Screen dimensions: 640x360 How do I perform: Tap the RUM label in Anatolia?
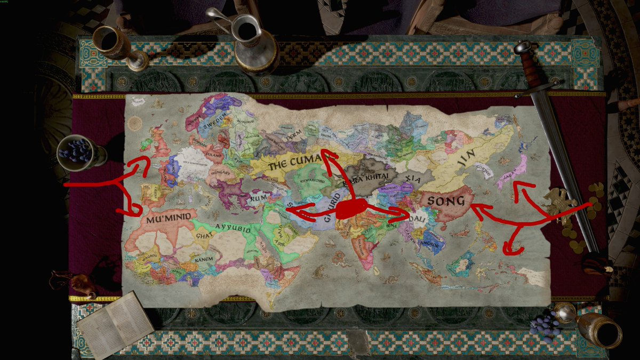[258, 198]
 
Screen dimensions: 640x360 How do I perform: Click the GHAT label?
[203, 235]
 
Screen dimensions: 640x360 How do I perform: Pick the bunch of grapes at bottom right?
[547, 324]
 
